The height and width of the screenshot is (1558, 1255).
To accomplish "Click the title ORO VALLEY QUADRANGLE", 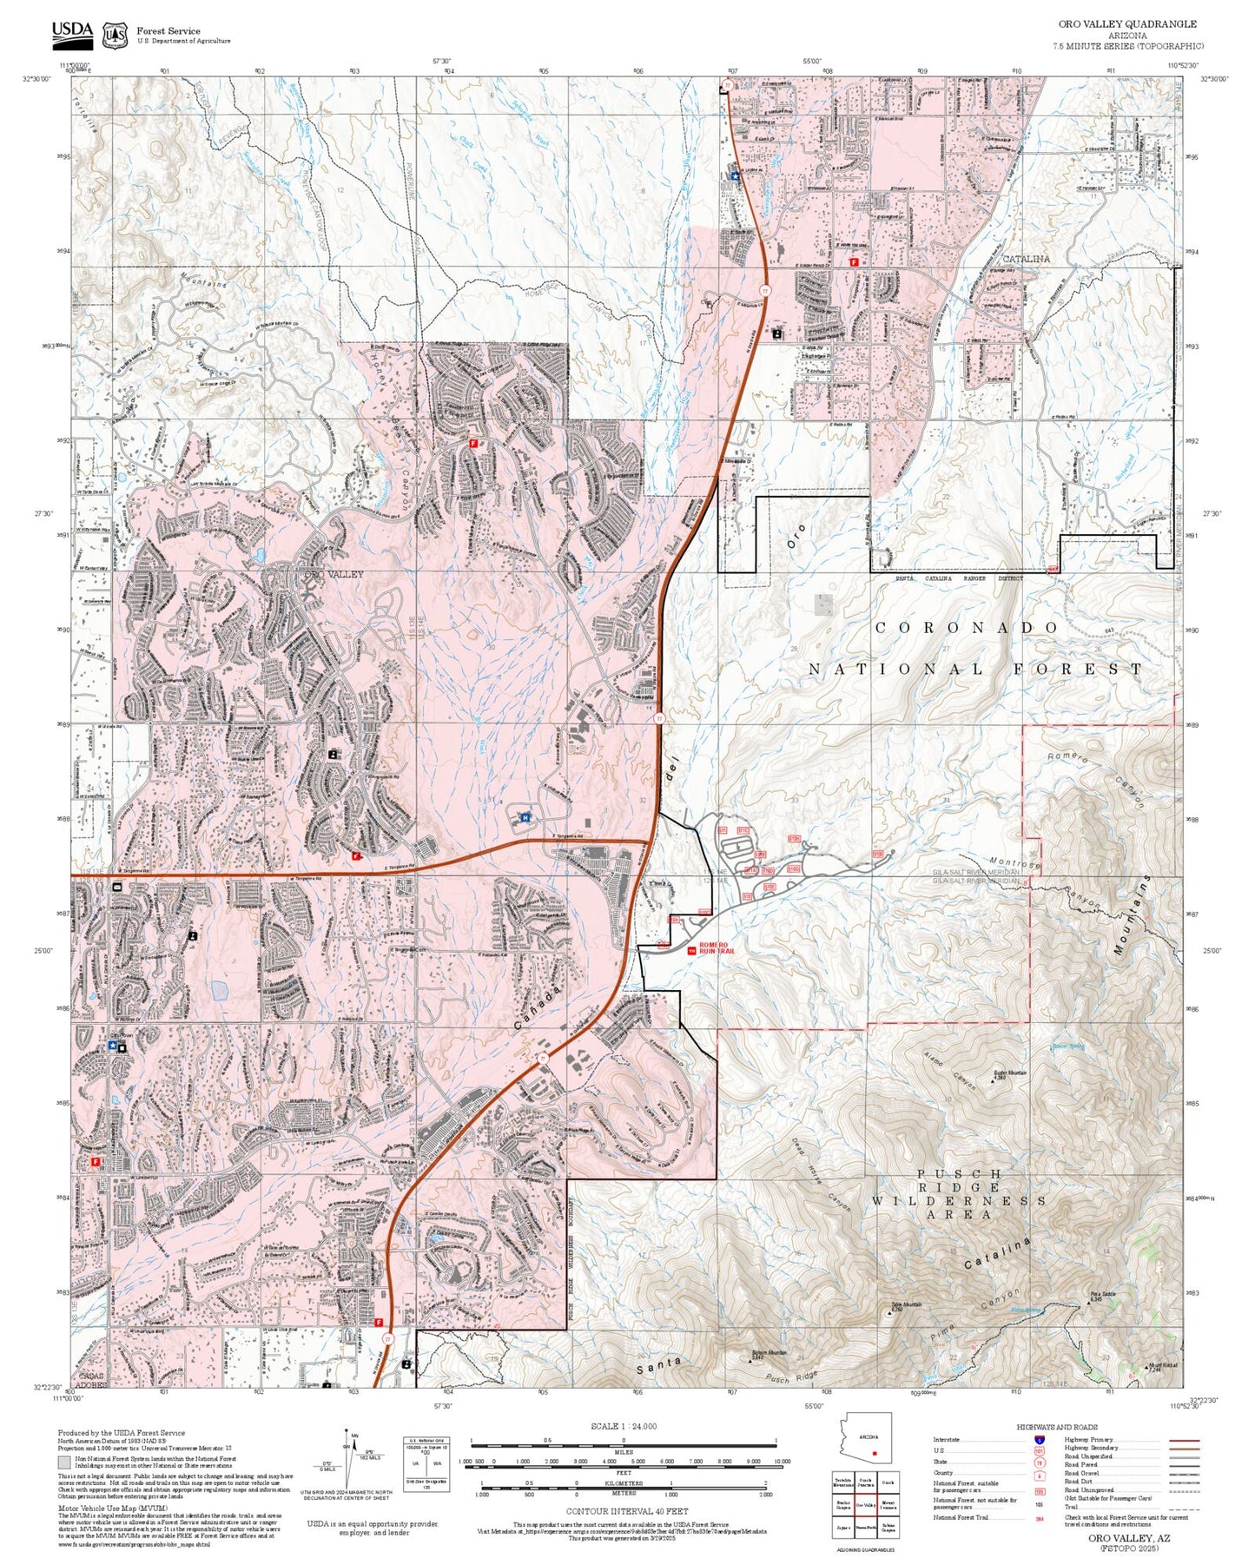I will [1126, 24].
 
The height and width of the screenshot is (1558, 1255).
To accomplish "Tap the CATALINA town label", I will [1026, 259].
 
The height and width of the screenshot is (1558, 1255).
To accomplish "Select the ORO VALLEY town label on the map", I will [334, 574].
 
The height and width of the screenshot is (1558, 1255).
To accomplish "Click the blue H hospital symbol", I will [525, 817].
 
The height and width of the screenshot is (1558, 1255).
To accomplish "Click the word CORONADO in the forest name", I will [967, 627].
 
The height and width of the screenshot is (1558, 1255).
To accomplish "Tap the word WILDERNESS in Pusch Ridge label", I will [959, 1200].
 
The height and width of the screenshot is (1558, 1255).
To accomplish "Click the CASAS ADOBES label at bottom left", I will [90, 1380].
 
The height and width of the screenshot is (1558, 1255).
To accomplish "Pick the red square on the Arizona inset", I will [875, 1452].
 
